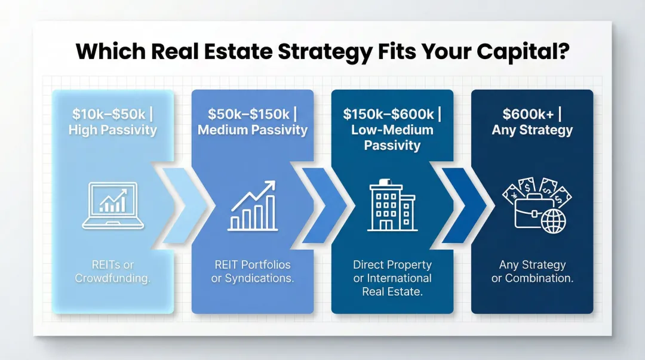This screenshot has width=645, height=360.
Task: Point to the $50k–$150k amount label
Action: [x=248, y=114]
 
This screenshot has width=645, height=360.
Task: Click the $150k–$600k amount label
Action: [x=389, y=114]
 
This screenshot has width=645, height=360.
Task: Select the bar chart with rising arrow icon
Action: [x=253, y=206]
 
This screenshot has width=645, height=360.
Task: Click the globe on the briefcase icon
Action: [x=553, y=220]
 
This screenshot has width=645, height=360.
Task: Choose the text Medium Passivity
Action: [x=253, y=130]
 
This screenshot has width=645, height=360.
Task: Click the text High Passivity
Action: [x=112, y=130]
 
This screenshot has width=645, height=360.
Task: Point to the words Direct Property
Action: [x=392, y=264]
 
